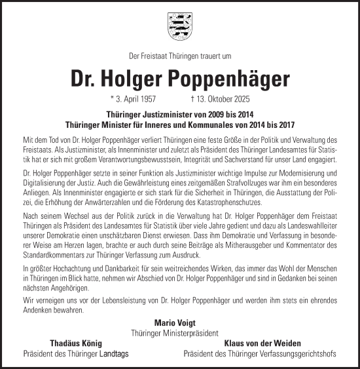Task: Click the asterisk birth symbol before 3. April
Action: (112, 99)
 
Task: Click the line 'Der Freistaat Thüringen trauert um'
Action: (179, 56)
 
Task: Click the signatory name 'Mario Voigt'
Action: (179, 323)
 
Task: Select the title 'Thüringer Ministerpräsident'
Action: (179, 332)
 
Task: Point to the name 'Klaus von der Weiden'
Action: (262, 343)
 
